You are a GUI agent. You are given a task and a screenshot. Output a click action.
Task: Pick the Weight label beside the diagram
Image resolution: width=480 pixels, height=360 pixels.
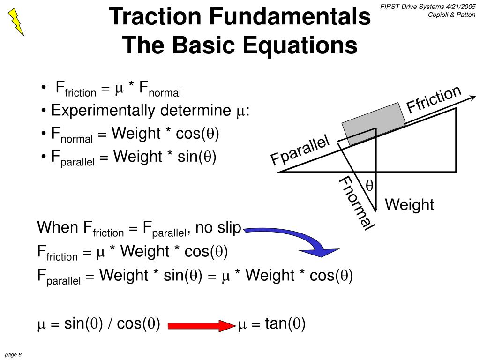(410, 205)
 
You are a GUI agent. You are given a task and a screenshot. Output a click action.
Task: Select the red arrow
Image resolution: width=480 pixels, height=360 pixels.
(202, 324)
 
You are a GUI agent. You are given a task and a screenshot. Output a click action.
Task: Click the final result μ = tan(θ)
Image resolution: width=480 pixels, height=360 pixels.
(272, 324)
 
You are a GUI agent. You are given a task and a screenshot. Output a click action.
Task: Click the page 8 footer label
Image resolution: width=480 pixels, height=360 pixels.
(14, 354)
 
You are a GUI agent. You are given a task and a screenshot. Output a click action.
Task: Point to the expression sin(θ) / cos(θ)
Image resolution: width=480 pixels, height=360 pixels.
(112, 324)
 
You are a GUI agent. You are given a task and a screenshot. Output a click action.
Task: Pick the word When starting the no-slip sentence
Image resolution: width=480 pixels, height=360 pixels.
(57, 228)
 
